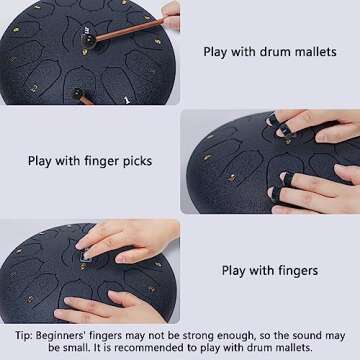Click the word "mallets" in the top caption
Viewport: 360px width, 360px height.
(313, 52)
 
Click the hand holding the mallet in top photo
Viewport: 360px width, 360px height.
(170, 15)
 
